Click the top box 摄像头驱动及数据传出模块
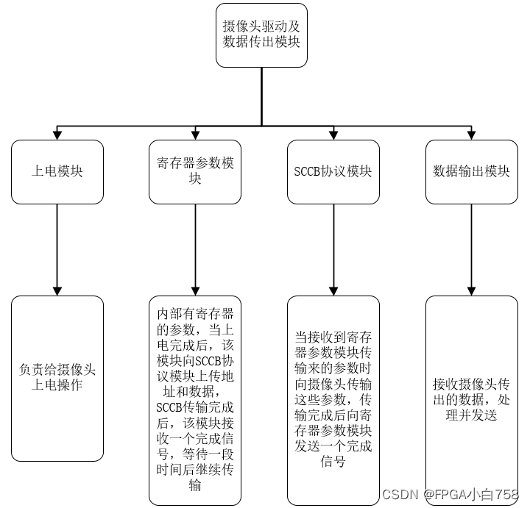261,34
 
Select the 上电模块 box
57,172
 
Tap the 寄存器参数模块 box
195,172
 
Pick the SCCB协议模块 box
333,172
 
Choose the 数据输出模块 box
472,172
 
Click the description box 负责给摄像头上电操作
57,378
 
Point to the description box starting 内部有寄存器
195,400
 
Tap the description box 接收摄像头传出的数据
472,400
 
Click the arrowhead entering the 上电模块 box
57,135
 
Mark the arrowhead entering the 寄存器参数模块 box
195,135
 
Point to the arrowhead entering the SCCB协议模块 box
333,135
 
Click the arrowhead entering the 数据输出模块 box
472,135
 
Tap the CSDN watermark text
450,494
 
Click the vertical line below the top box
261,96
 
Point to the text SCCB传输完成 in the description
195,407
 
